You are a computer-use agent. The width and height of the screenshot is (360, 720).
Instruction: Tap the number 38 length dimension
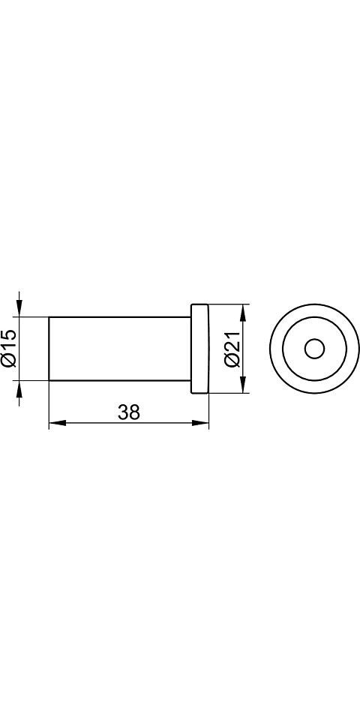click(129, 412)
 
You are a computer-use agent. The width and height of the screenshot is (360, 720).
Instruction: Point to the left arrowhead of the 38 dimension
click(58, 422)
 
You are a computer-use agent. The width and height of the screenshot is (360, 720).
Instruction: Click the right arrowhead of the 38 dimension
click(200, 422)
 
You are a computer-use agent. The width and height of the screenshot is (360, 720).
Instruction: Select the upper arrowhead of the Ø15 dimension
click(19, 308)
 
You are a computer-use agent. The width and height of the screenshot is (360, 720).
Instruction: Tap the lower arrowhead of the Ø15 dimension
click(19, 389)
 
